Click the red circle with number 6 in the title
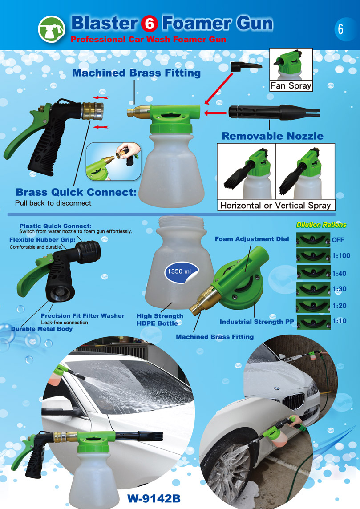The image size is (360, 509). tap(150, 24)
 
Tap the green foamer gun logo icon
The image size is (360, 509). tap(52, 29)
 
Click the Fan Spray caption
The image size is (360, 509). tap(291, 86)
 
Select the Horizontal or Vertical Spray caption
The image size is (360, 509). tap(275, 206)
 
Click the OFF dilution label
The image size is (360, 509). tap(338, 240)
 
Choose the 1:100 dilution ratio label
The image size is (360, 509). tap(341, 256)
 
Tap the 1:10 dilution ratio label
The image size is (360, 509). tap(339, 321)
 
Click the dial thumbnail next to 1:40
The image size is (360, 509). tap(313, 272)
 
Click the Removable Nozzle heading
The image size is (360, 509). tap(273, 136)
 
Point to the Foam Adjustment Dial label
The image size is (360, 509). tap(252, 239)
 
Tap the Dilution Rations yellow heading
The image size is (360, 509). tap(321, 225)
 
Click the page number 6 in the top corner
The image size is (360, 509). tap(340, 29)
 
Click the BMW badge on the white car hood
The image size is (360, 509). tap(277, 388)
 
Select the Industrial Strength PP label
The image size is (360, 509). tap(256, 322)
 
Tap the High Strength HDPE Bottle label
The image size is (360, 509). tap(160, 320)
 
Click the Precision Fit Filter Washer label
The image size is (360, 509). tap(82, 315)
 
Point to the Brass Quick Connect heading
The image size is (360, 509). tap(76, 192)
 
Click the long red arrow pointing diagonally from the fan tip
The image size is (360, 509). tap(219, 88)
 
